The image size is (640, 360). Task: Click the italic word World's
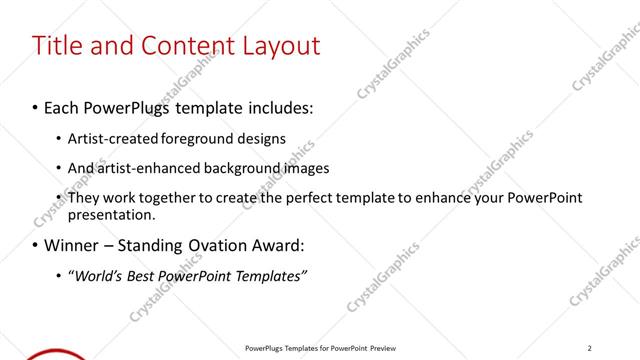[x=96, y=275]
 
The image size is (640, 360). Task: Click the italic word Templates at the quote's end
[x=269, y=275]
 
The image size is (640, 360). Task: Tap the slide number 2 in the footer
[x=590, y=348]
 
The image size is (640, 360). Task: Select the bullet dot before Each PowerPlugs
[x=36, y=107]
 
